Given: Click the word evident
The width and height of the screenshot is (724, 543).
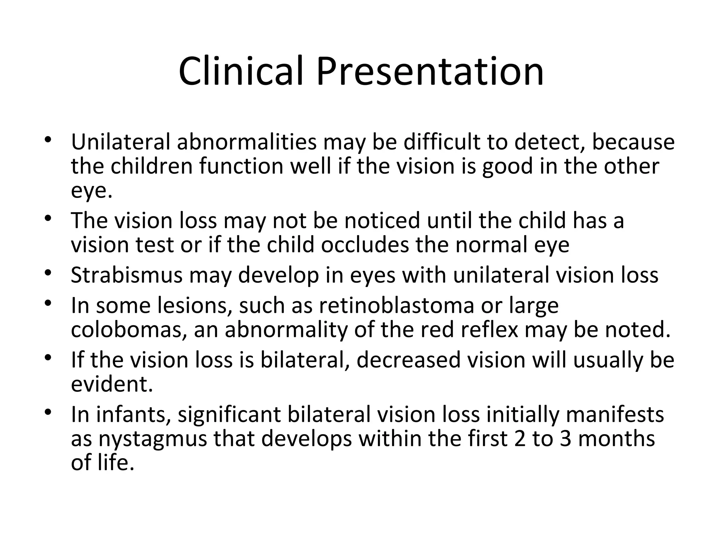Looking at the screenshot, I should [112, 384].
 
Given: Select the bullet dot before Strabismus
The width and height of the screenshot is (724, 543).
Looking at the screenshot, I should [48, 273].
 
